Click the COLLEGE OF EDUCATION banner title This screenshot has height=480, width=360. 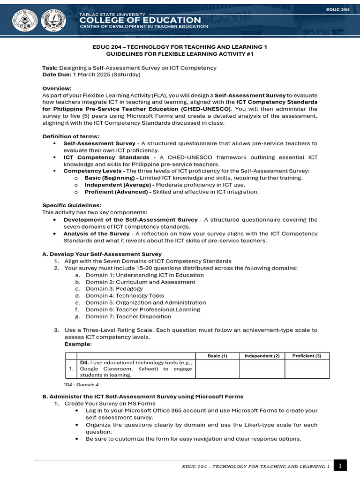[140, 20]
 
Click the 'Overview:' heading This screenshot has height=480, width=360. [57, 88]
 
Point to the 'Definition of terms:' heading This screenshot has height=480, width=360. [71, 136]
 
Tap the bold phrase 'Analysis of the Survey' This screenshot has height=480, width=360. [97, 233]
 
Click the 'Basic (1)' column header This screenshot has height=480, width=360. [217, 356]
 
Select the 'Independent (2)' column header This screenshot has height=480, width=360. [262, 356]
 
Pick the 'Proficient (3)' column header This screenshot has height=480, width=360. [307, 356]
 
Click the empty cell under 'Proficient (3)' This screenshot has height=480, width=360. [307, 369]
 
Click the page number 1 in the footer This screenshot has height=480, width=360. [340, 465]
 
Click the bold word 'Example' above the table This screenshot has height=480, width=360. [77, 344]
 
